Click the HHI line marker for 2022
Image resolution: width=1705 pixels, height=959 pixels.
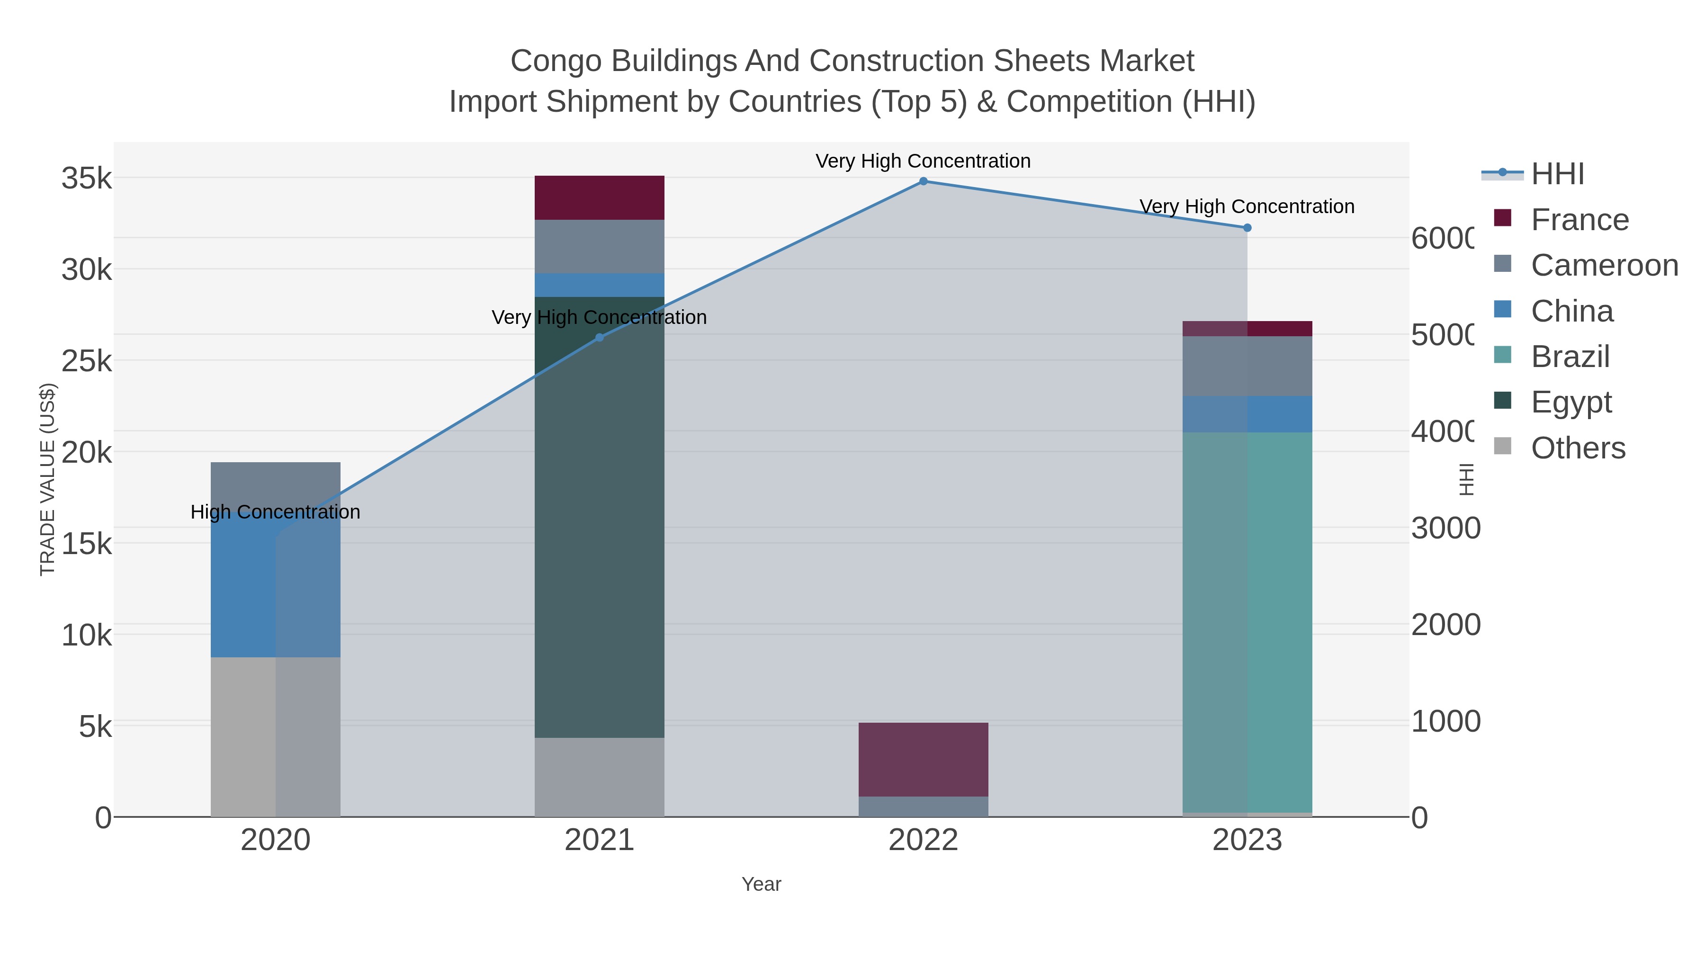[924, 181]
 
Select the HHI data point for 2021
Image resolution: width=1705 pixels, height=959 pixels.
[600, 338]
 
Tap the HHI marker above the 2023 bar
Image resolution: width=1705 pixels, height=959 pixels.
[1247, 228]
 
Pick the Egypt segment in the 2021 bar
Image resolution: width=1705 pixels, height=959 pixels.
[600, 516]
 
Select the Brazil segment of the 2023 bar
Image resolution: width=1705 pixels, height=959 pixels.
[1247, 622]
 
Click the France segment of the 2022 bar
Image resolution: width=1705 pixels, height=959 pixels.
[924, 759]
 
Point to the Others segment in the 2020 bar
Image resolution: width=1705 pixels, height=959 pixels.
[275, 736]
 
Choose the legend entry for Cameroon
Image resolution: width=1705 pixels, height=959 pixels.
[1605, 265]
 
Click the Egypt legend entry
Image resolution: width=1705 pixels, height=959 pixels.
[1571, 403]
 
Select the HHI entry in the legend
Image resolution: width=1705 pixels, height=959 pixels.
[1557, 174]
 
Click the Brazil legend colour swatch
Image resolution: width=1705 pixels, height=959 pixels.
[1503, 356]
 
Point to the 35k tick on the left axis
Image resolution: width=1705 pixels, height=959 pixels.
[87, 179]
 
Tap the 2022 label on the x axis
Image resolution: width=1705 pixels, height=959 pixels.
[924, 841]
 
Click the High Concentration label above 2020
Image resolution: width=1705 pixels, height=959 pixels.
[275, 512]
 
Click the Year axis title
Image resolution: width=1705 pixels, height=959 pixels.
[761, 884]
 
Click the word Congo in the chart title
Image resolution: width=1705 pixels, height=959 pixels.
[556, 61]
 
